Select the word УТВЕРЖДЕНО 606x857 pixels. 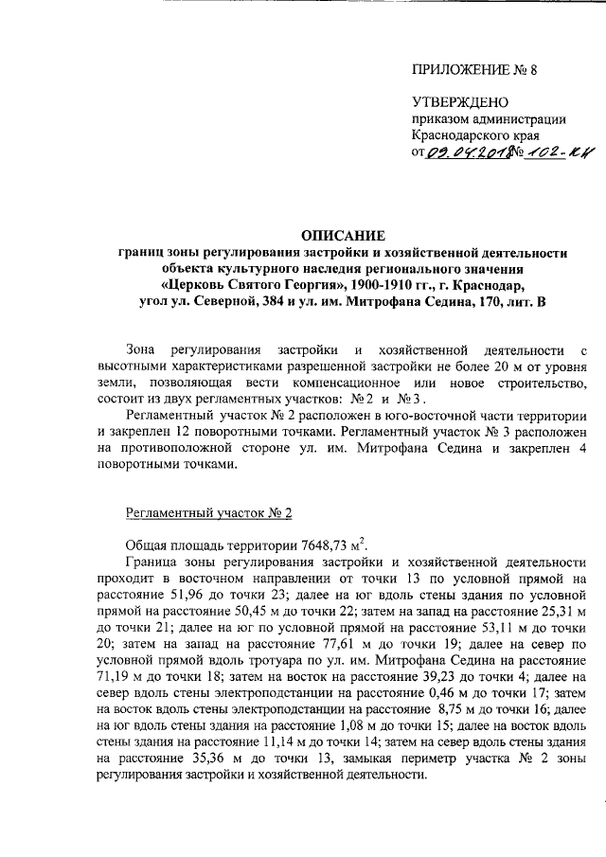point(459,102)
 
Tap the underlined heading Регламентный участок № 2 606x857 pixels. point(209,512)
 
